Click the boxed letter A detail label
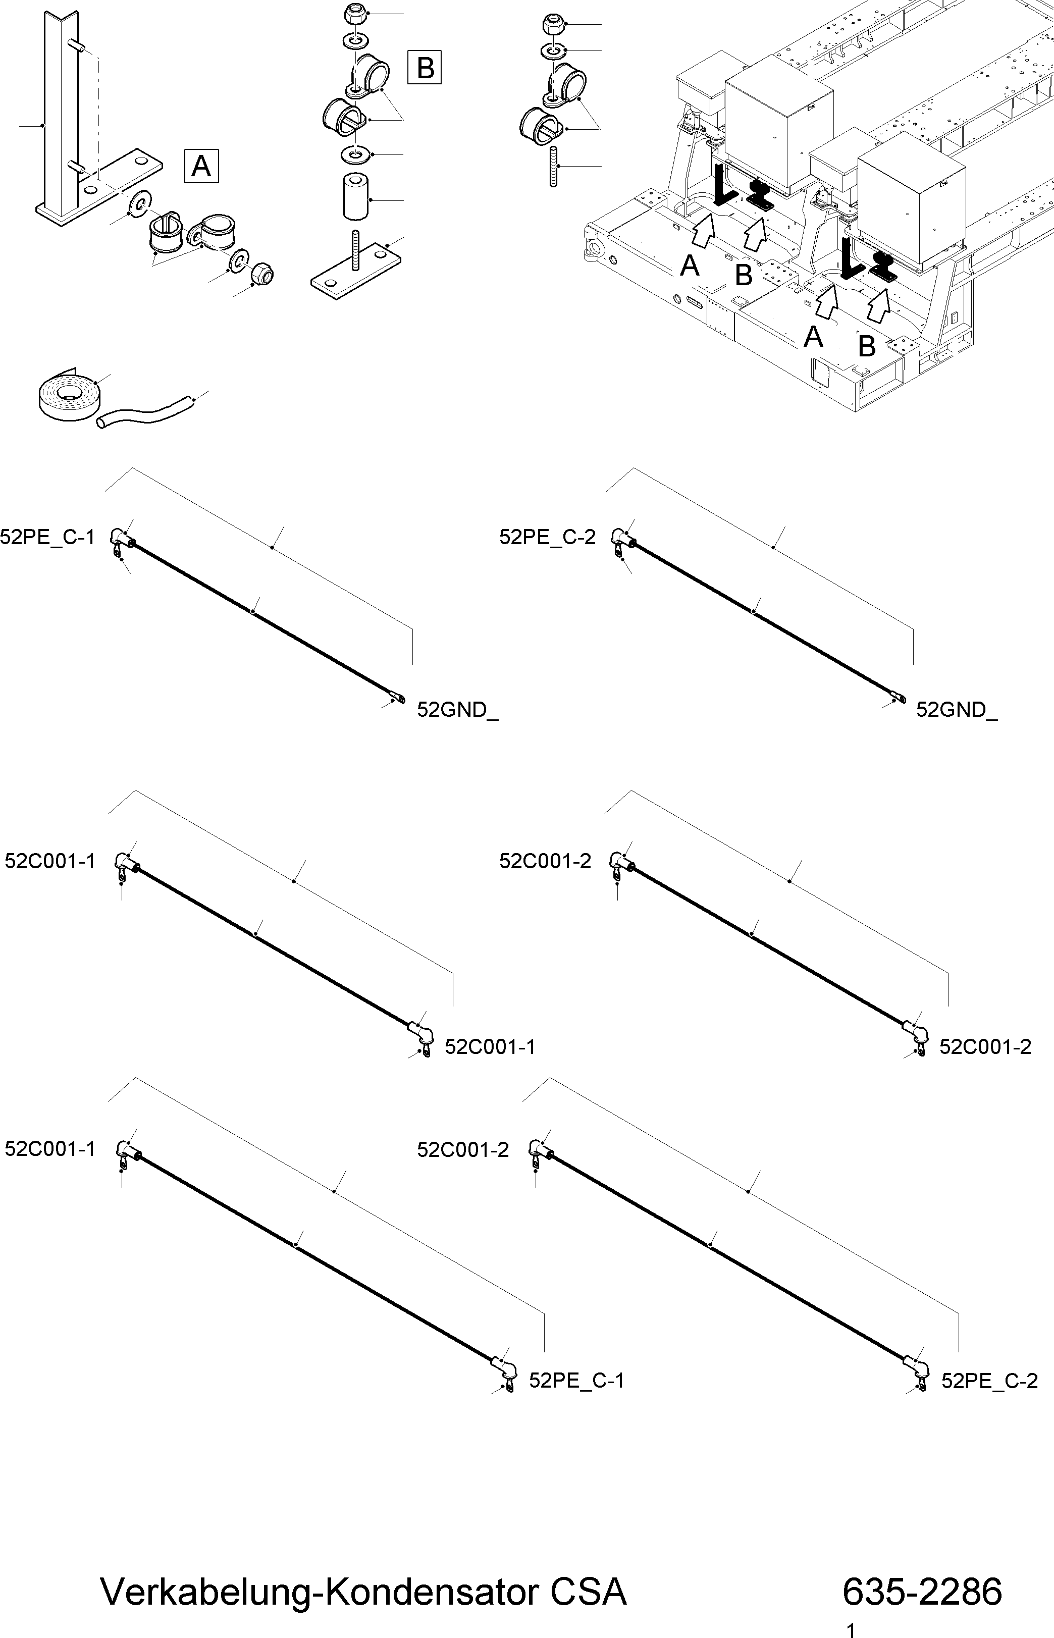click(201, 165)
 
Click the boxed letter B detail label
click(425, 67)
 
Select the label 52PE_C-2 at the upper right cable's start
click(548, 537)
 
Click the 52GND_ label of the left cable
click(457, 710)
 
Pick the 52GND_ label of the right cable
click(956, 710)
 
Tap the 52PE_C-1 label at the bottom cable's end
click(576, 1381)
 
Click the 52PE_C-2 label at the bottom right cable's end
click(989, 1381)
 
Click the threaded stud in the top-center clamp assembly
click(554, 166)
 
